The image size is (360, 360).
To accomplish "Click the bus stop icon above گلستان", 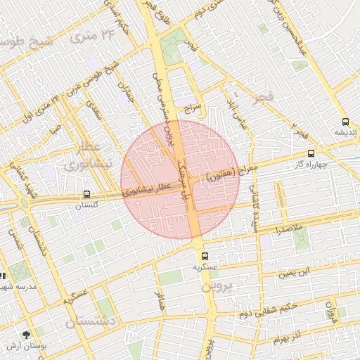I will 86,194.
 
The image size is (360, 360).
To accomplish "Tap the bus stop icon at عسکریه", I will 205,257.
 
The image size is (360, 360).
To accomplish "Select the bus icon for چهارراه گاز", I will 311,153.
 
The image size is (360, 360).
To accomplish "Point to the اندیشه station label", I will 344,132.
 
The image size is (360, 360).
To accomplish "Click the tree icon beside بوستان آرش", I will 27,335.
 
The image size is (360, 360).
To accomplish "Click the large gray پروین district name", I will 217,287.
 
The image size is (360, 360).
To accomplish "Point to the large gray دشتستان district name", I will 91,323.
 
